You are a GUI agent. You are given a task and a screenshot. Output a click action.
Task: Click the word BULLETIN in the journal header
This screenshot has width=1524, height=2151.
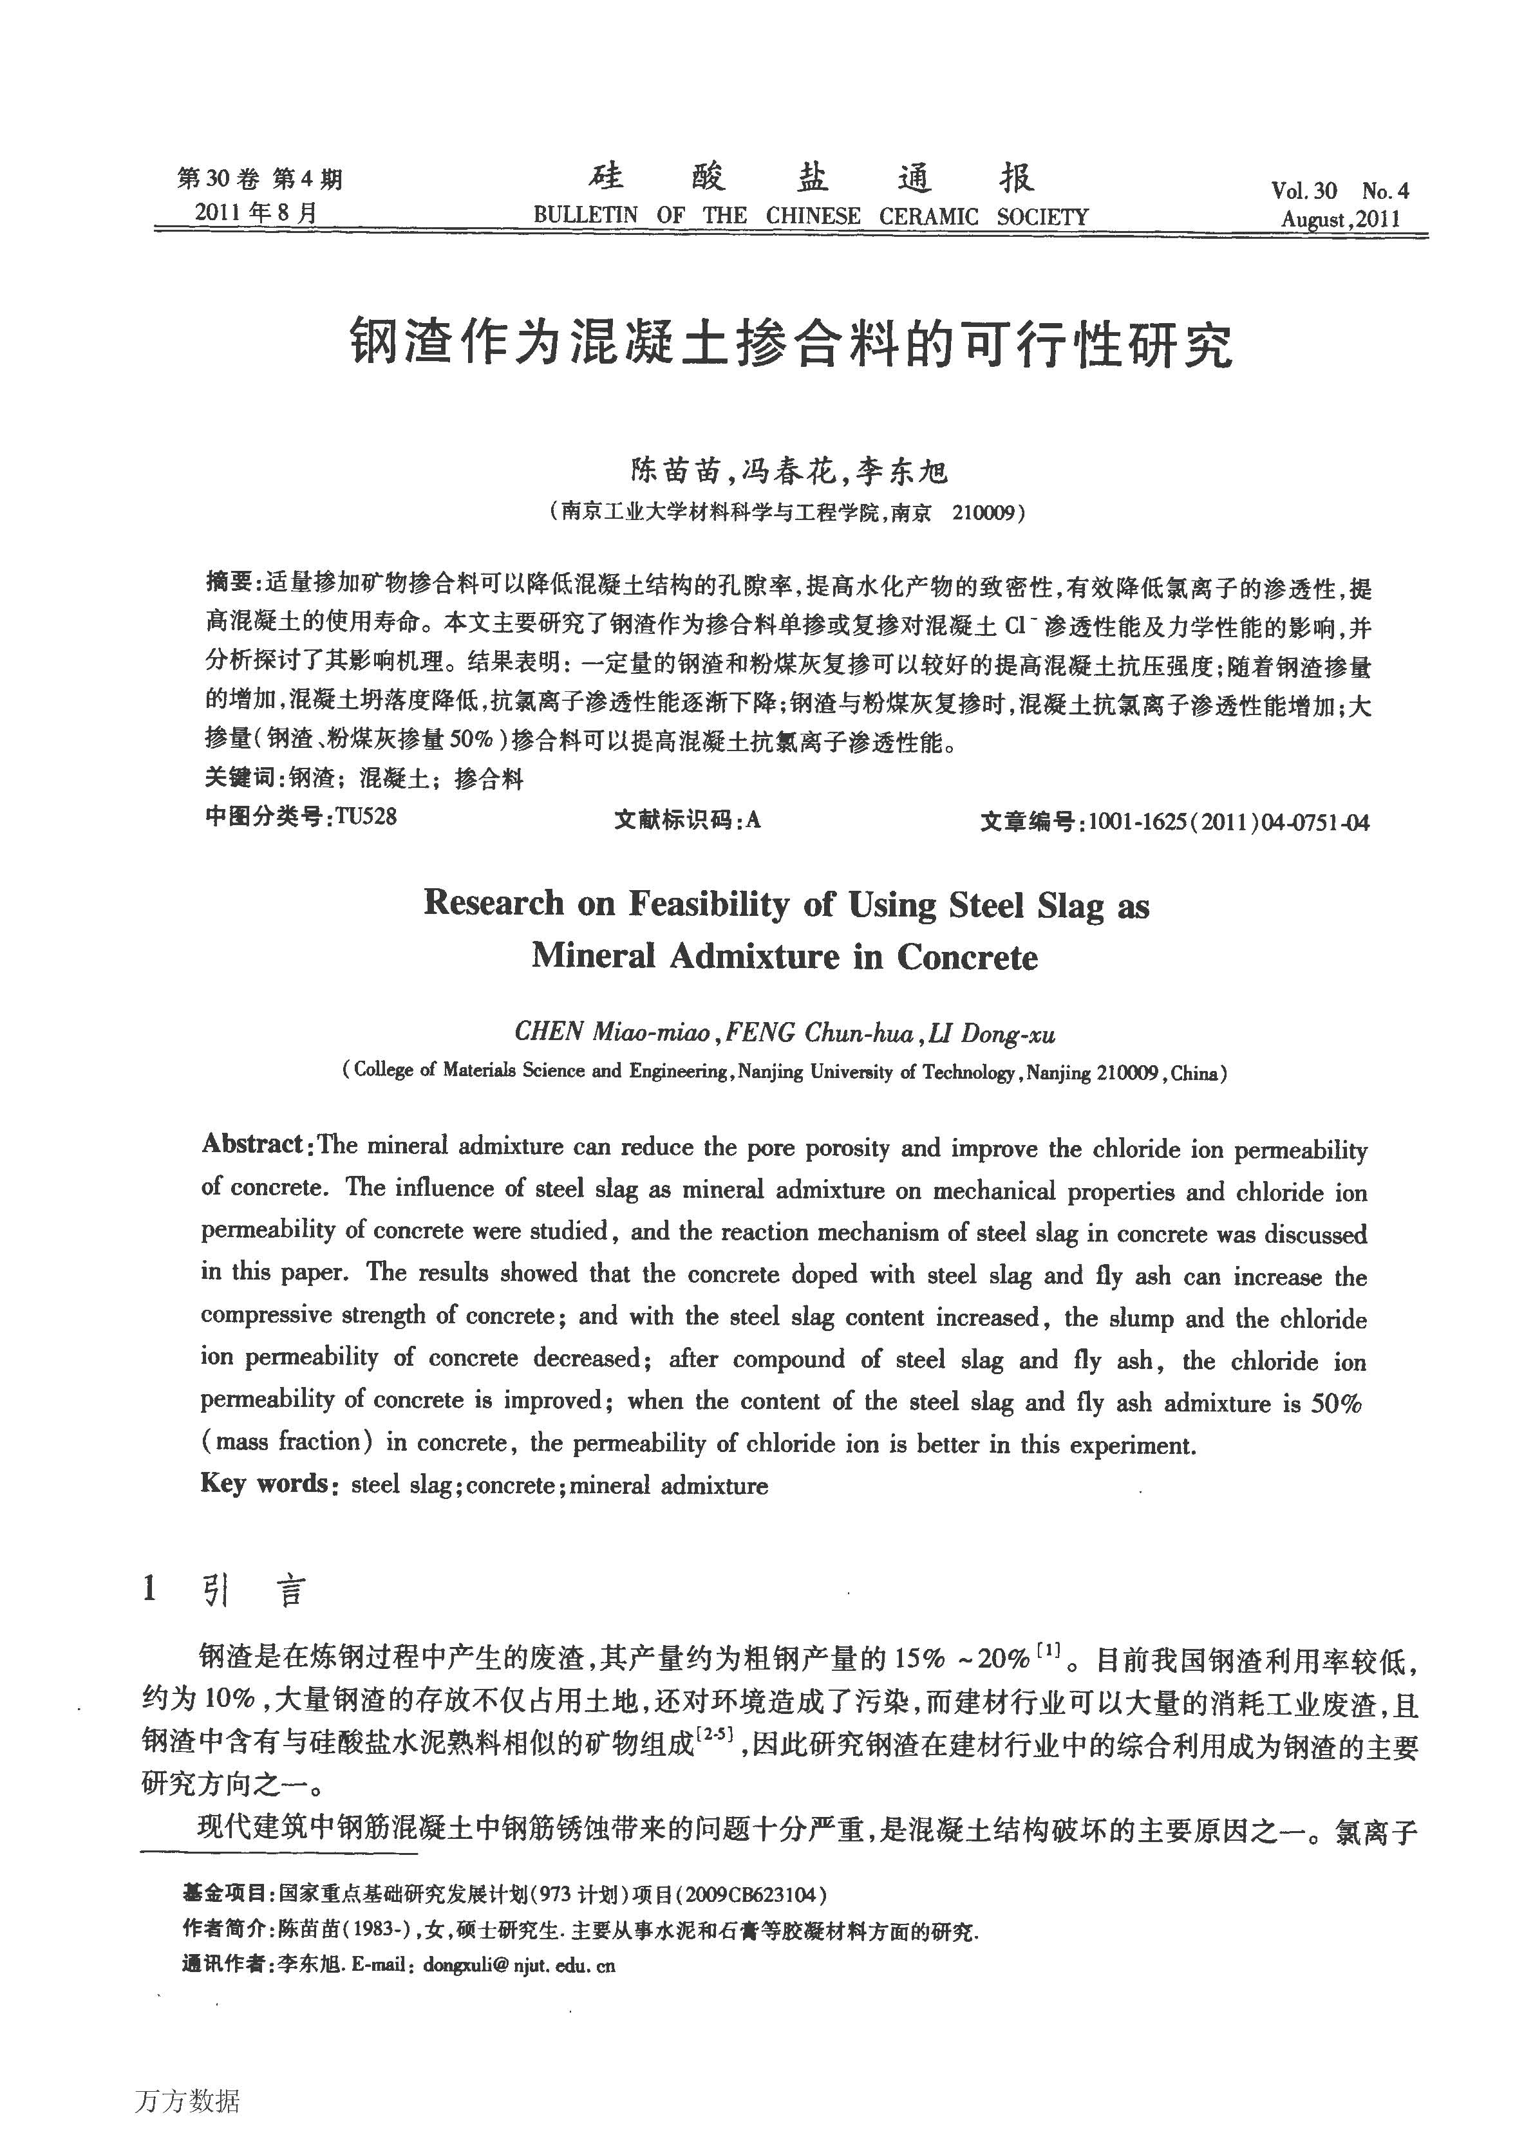(x=585, y=216)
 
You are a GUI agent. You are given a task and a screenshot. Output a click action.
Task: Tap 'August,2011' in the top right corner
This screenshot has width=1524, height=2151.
(x=1340, y=219)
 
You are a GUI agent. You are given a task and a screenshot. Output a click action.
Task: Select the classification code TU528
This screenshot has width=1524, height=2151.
(x=366, y=817)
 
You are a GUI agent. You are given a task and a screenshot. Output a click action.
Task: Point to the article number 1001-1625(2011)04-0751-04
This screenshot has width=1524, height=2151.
(x=1228, y=823)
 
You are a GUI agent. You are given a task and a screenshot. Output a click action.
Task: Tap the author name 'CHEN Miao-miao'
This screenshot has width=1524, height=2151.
(x=612, y=1033)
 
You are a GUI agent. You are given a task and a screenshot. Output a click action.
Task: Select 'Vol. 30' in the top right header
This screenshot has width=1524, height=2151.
(x=1303, y=191)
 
